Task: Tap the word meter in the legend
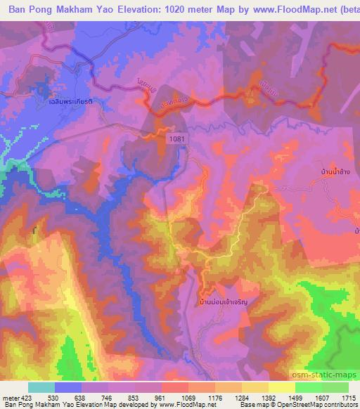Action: click(x=11, y=397)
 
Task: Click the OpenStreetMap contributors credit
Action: click(x=323, y=405)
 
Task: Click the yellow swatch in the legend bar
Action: click(x=281, y=387)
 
